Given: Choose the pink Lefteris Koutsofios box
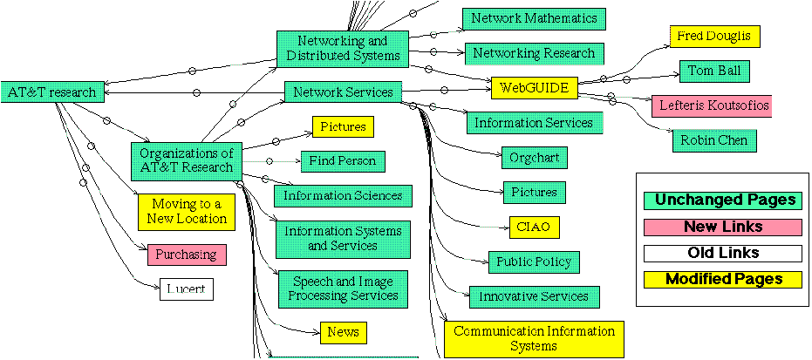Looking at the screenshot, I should point(711,105).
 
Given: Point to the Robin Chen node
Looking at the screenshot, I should point(714,139).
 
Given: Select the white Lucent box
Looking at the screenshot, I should point(187,289).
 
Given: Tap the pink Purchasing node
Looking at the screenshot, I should point(187,255).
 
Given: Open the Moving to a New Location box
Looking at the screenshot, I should point(188,212).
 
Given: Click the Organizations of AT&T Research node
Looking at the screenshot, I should point(186,160).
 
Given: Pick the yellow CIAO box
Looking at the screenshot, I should point(534,228).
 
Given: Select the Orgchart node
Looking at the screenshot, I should point(536,158).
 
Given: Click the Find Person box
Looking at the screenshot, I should point(343,161).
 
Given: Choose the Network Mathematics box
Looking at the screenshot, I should point(534,18).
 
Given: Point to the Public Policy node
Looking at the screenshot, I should point(534,262).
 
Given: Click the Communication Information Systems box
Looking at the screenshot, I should point(534,339).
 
